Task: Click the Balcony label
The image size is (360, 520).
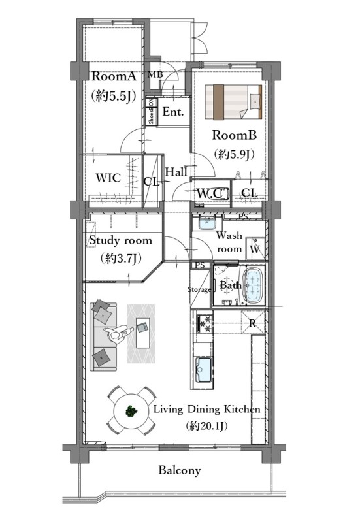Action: tap(180, 470)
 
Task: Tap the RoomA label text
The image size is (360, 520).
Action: tap(114, 76)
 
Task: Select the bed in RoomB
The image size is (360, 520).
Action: tap(233, 102)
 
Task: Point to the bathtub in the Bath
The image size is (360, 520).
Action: tap(255, 285)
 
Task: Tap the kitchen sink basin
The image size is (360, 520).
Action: tap(204, 369)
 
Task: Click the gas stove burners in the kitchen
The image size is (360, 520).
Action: tap(205, 324)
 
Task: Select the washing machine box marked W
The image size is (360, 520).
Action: tap(255, 248)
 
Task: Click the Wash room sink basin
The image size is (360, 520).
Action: tap(208, 222)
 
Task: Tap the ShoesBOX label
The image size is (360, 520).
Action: tap(152, 112)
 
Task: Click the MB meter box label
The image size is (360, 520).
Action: tap(155, 74)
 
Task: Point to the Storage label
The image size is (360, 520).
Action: tap(199, 289)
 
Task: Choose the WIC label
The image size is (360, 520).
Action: tap(108, 178)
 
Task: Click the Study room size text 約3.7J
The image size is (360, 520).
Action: tap(121, 258)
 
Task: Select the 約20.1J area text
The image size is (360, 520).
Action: tap(206, 425)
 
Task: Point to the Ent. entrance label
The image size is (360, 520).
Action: tap(173, 112)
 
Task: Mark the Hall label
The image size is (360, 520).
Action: tap(176, 171)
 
